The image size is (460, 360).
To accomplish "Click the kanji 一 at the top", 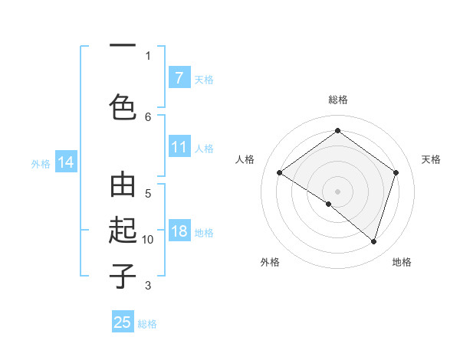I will click(123, 47).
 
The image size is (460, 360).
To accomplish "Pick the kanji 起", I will click(123, 231).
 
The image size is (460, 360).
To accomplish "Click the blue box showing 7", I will click(179, 78).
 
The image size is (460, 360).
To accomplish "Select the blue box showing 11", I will click(179, 147).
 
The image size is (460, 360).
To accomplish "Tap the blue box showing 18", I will click(179, 232).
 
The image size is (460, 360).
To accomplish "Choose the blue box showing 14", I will click(66, 162).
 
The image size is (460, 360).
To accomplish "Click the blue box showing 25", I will click(123, 322).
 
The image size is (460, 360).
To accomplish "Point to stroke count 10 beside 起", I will click(148, 240).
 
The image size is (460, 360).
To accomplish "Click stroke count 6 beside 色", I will click(148, 116).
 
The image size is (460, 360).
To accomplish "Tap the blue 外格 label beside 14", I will click(41, 163).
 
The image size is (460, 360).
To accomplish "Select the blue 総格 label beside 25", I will click(147, 323).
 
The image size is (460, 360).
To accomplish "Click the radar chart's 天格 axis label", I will click(431, 159).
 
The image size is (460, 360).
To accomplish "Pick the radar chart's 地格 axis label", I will click(402, 262).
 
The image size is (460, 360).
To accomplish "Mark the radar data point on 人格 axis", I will click(279, 173).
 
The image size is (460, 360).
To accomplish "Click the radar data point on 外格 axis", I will click(329, 205).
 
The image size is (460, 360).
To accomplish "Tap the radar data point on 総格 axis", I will click(337, 130).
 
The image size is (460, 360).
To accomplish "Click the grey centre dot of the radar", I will click(337, 191).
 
